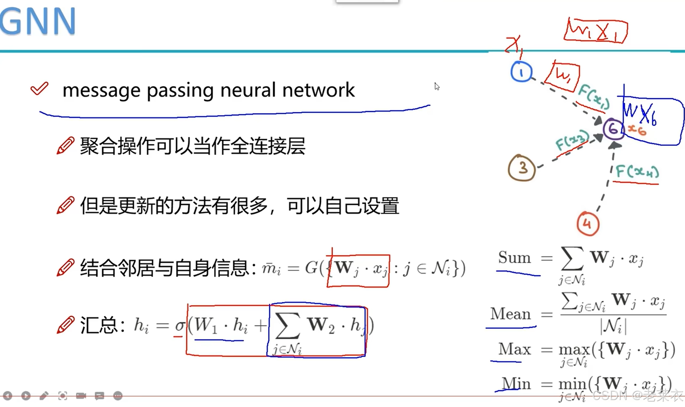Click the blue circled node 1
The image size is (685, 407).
[521, 72]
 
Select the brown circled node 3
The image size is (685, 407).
[521, 168]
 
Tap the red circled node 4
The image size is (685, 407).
[588, 224]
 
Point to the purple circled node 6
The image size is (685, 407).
[613, 129]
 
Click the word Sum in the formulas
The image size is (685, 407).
[514, 258]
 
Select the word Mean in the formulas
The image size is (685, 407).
[510, 314]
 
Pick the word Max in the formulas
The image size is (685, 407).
[514, 349]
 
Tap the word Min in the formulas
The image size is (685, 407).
[516, 384]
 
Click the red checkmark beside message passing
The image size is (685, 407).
[40, 88]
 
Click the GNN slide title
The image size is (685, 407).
[38, 22]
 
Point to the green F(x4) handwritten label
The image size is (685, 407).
[636, 172]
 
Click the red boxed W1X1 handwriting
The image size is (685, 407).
[595, 30]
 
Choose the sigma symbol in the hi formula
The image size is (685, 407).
[180, 325]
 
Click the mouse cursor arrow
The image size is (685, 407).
[437, 86]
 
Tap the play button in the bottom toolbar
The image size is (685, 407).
[26, 396]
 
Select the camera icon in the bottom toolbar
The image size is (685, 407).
[81, 396]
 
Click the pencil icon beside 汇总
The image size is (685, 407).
[65, 325]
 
